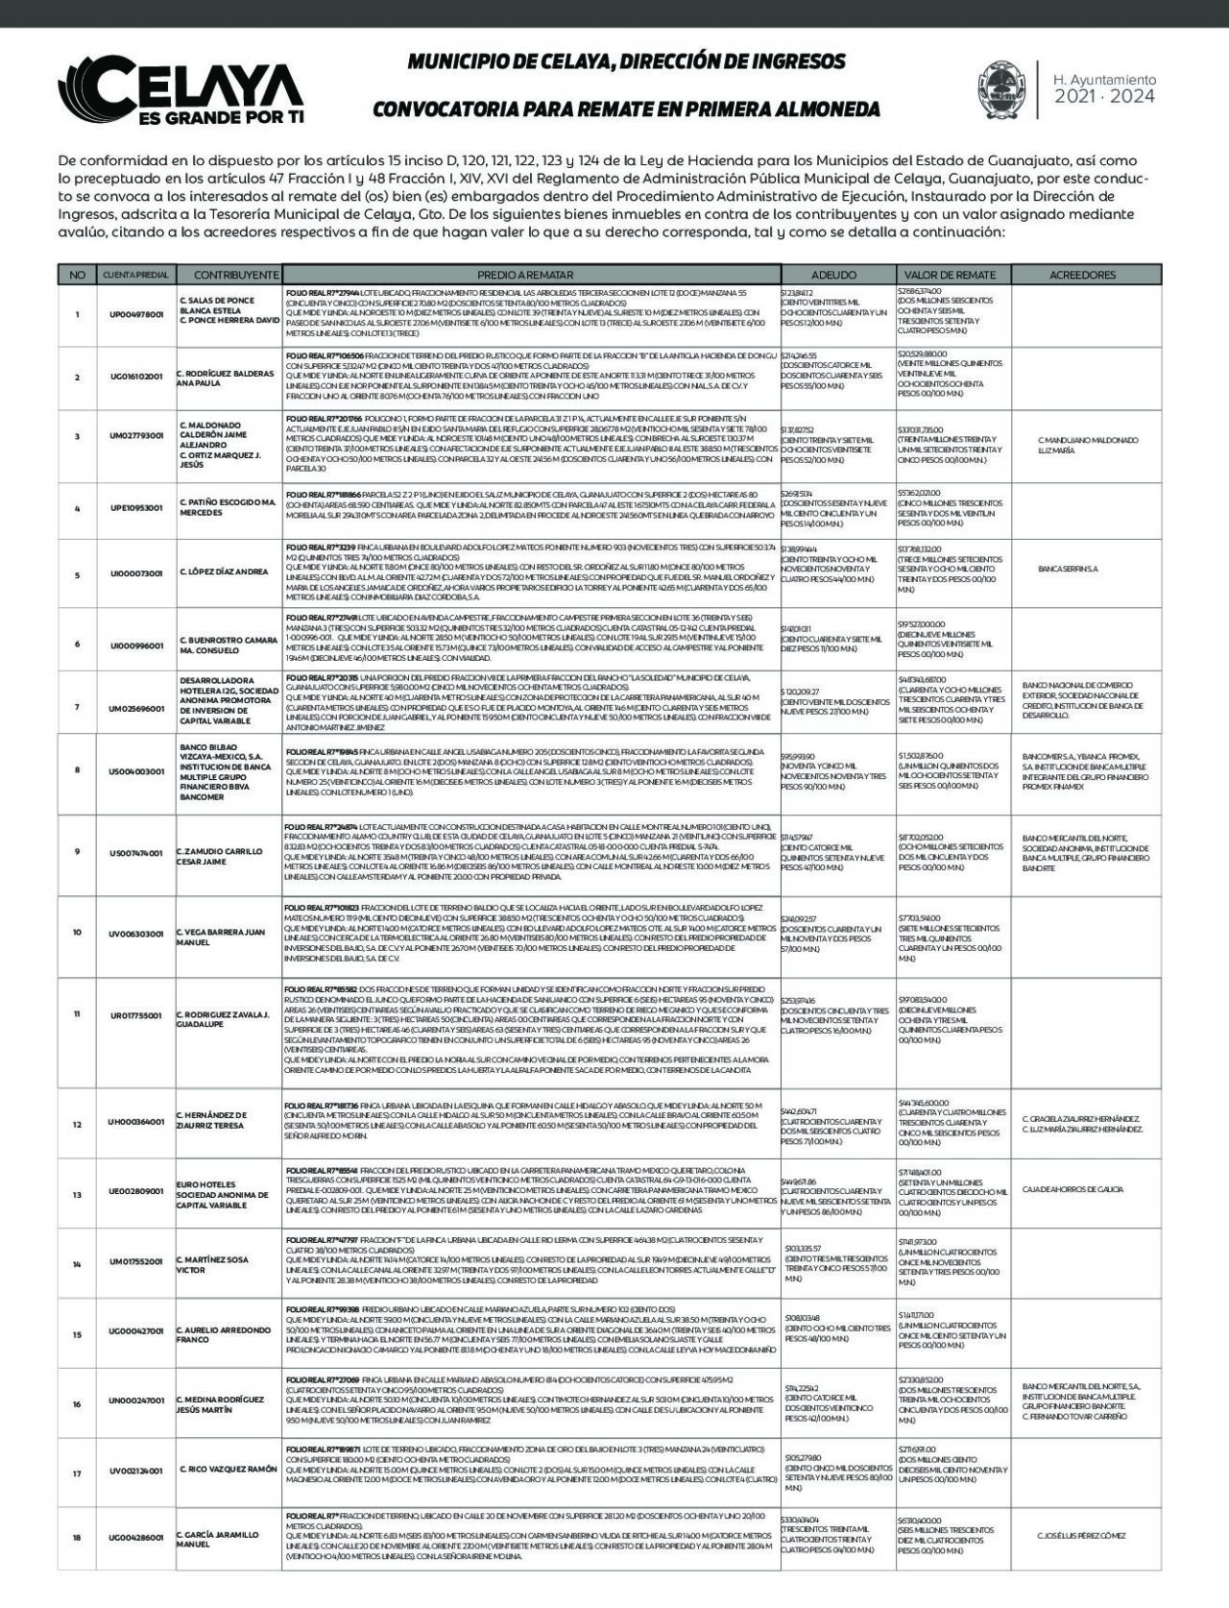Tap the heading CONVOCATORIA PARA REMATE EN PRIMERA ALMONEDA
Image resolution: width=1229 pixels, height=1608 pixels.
(x=625, y=108)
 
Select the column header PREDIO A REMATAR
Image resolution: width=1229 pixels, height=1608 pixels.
(x=532, y=275)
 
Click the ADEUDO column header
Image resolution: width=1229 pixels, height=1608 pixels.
(x=833, y=275)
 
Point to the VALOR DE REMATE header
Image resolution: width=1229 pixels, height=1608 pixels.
(x=951, y=275)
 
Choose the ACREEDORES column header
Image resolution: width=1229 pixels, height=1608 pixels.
(x=1082, y=275)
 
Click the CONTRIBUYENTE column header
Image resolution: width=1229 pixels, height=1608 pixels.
(x=235, y=275)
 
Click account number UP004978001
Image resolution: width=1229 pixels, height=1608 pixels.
(x=136, y=314)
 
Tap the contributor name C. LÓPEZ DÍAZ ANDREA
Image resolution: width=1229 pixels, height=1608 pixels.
(x=224, y=573)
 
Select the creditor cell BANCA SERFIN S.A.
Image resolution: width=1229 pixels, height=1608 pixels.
(x=1068, y=569)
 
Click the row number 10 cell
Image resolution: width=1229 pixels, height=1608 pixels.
(x=77, y=933)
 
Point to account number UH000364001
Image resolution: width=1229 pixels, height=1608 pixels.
(x=136, y=1121)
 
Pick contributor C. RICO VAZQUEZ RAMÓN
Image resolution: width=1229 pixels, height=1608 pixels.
(x=228, y=1470)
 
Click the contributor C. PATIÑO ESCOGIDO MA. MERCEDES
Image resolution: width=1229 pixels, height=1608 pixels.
(x=227, y=507)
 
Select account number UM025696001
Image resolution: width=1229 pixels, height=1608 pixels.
(x=136, y=707)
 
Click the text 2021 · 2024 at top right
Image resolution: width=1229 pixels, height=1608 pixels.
(x=1104, y=97)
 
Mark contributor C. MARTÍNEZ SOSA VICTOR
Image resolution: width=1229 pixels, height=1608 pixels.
(x=212, y=1264)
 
